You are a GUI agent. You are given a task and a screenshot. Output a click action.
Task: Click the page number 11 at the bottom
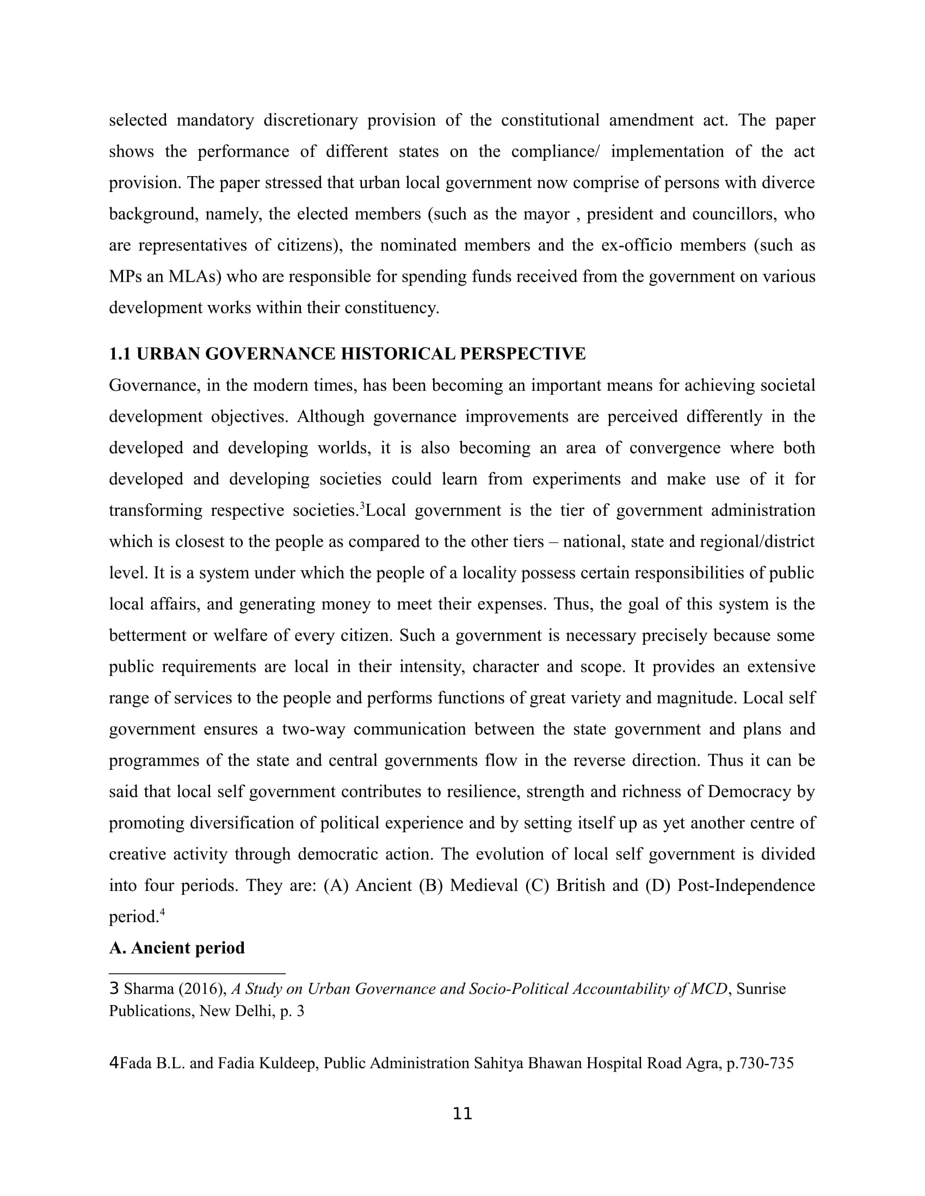(462, 1113)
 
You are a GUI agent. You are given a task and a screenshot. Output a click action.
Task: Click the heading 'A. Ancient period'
(176, 948)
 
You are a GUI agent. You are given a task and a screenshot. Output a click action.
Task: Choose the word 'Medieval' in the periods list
(483, 886)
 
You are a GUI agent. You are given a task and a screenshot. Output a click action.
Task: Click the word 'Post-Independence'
(747, 886)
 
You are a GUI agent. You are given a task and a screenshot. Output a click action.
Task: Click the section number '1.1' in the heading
(120, 354)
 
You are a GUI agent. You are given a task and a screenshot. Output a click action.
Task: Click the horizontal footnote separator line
(198, 973)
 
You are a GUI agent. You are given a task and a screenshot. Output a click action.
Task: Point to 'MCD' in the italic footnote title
(709, 989)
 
